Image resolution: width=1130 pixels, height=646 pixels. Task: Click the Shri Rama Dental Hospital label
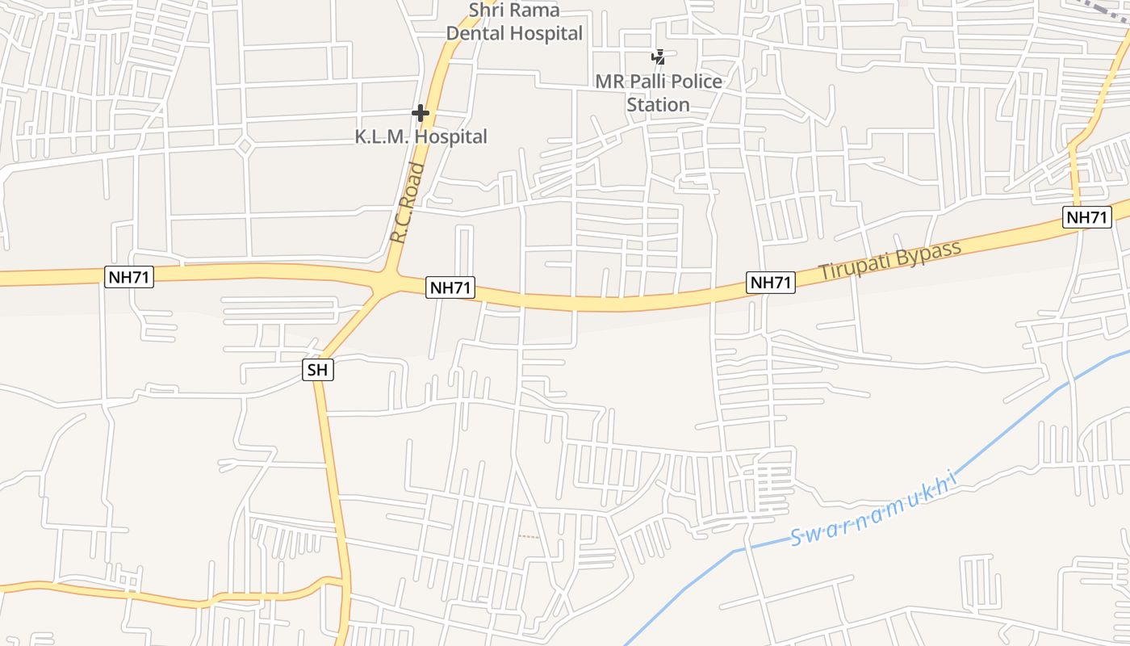tap(514, 22)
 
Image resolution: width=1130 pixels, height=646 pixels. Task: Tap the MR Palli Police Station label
tap(659, 93)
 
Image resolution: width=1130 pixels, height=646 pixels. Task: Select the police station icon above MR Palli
tap(659, 57)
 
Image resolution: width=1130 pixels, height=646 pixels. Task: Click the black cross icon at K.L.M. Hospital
tap(421, 113)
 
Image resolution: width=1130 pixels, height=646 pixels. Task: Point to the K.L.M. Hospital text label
tap(421, 136)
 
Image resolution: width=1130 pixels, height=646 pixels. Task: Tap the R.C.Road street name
tap(407, 203)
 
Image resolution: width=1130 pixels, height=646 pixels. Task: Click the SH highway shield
tap(318, 370)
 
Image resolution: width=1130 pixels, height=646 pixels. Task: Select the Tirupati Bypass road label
tap(890, 260)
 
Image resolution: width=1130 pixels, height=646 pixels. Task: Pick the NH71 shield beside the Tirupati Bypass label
tap(771, 282)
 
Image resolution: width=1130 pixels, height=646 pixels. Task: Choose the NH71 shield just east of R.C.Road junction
tap(450, 287)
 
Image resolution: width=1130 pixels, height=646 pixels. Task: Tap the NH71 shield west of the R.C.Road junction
tap(129, 277)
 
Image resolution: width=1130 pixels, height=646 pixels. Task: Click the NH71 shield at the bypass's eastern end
tap(1086, 216)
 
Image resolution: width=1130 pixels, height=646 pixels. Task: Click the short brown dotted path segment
tap(529, 536)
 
